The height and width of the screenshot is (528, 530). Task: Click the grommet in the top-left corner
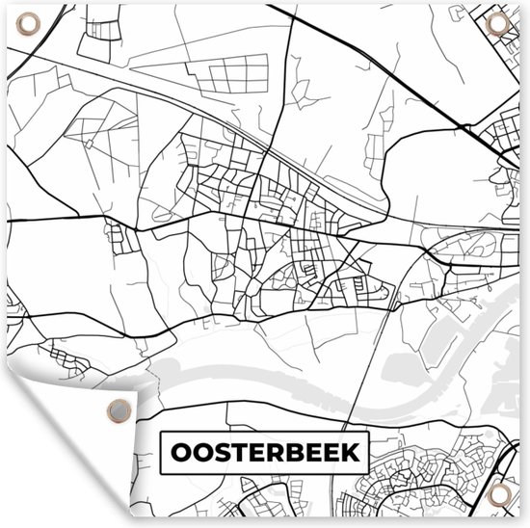[x=28, y=21]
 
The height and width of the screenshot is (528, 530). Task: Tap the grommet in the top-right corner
[x=500, y=23]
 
